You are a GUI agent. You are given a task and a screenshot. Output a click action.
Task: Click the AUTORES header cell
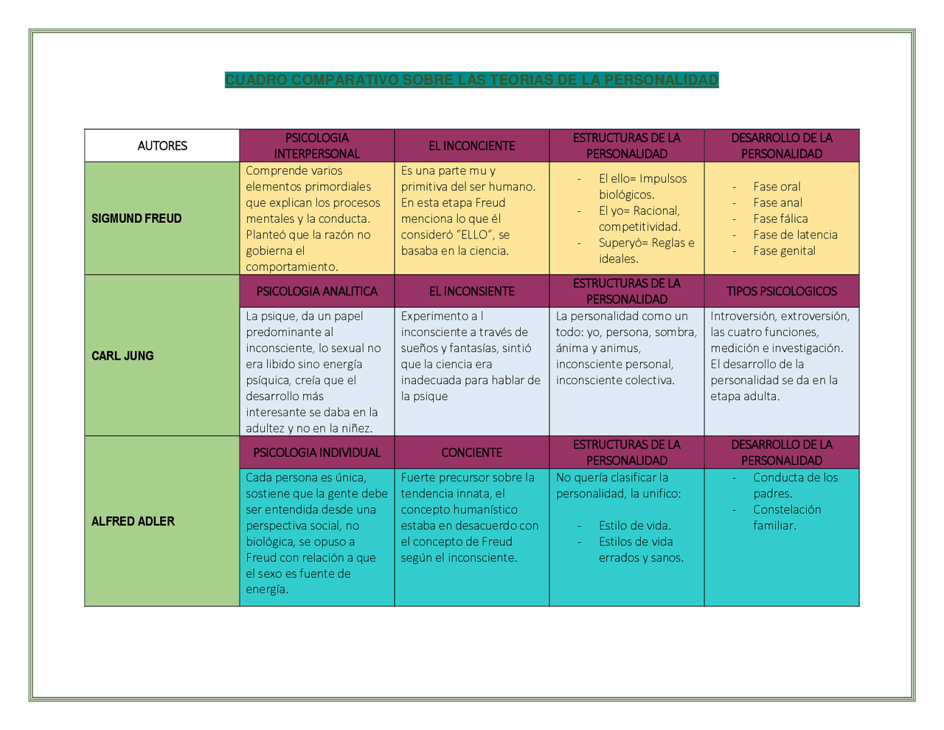[x=162, y=145]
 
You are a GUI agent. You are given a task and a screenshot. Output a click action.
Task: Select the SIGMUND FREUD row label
[x=136, y=218]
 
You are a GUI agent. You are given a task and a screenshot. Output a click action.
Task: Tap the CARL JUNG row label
[x=122, y=356]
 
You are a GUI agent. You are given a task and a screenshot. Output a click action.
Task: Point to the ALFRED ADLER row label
[x=133, y=521]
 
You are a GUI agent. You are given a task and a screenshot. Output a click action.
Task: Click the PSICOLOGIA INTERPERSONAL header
[x=316, y=145]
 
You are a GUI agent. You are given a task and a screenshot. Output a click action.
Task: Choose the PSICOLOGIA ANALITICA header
[x=316, y=291]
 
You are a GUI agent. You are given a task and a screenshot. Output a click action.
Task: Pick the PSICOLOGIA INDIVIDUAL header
[x=316, y=452]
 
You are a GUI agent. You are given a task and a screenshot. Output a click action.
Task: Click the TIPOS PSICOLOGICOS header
[x=782, y=291]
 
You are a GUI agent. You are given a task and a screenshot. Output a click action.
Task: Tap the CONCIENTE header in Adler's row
[x=472, y=452]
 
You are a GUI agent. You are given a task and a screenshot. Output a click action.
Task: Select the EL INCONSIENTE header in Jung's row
[x=472, y=291]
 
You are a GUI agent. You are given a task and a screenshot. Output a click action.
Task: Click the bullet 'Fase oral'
[x=777, y=187]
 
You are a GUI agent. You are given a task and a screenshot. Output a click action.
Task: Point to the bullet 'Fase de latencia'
[x=796, y=235]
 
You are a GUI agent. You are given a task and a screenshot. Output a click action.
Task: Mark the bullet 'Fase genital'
[x=784, y=251]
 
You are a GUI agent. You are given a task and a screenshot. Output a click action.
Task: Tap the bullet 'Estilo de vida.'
[x=635, y=526]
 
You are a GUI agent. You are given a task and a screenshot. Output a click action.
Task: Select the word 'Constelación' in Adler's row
[x=787, y=509]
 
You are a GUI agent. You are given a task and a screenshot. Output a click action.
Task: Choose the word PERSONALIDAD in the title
[x=662, y=80]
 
